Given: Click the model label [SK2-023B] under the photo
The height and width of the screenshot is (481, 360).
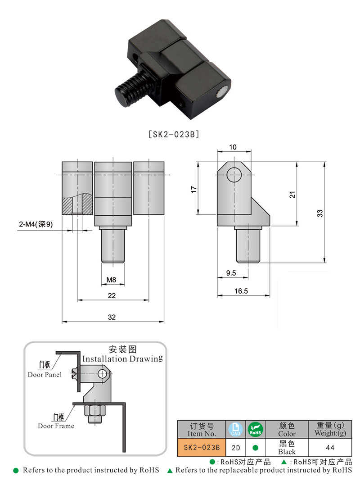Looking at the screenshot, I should [173, 134].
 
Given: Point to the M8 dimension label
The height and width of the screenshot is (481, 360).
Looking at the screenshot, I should [112, 280].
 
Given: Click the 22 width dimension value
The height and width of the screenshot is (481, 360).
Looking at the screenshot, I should [112, 295].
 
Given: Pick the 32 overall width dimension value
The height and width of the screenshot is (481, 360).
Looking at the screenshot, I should [112, 317].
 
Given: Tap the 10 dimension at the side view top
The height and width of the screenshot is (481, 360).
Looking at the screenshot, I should [233, 147].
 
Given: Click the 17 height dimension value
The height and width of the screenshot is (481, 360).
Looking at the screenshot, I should [194, 190].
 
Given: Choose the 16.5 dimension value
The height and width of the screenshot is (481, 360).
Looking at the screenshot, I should [241, 291].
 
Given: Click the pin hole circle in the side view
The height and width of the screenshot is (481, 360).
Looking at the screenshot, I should [234, 174].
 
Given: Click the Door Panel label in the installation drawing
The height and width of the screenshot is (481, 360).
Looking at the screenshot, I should [45, 374].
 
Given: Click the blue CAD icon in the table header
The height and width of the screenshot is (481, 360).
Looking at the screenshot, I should [235, 429].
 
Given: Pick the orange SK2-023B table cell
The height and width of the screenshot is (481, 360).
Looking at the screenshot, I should [198, 448].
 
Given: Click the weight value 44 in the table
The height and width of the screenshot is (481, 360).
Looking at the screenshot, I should [330, 448].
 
